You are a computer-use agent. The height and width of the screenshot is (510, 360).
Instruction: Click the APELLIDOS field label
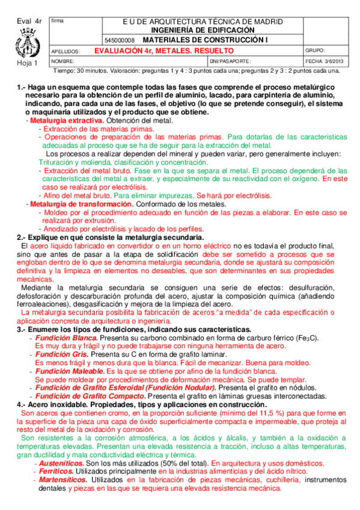pyautogui.click(x=66, y=52)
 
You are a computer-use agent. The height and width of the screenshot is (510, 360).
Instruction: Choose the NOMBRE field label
pyautogui.click(x=63, y=61)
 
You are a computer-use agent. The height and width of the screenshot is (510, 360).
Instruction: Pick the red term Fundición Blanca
pyautogui.click(x=63, y=338)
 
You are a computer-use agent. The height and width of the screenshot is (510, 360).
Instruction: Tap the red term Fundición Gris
pyautogui.click(x=59, y=355)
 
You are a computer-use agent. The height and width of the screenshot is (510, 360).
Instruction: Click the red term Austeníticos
pyautogui.click(x=59, y=464)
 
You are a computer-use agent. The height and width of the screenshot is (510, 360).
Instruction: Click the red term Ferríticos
pyautogui.click(x=56, y=472)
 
